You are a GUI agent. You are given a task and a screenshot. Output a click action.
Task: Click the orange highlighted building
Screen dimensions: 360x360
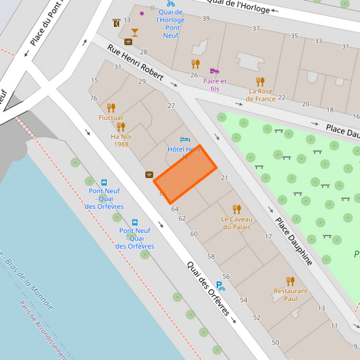(x=185, y=174)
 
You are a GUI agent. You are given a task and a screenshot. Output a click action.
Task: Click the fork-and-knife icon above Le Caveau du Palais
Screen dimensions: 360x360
(x=236, y=209)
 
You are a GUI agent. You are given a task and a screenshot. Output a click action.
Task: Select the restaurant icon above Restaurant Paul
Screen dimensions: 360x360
(x=290, y=281)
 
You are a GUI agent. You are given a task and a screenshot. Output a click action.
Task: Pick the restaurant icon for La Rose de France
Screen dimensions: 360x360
(x=261, y=81)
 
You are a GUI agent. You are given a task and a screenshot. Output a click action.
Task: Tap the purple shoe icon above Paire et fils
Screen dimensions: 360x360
(x=214, y=70)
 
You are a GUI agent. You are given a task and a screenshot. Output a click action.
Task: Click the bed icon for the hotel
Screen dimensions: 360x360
(x=185, y=140)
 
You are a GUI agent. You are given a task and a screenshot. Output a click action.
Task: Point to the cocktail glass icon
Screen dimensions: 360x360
(x=134, y=32)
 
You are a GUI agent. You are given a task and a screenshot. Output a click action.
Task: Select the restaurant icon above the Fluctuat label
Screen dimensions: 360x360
(x=111, y=107)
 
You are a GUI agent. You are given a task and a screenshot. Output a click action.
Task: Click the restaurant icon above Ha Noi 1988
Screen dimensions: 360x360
(x=121, y=126)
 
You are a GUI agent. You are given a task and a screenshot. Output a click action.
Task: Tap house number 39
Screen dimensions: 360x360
(x=205, y=18)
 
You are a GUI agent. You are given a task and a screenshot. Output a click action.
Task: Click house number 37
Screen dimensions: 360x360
(x=256, y=28)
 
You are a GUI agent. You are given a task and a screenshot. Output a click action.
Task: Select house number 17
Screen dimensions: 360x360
(x=268, y=236)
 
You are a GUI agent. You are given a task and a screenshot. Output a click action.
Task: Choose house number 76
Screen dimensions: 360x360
(x=93, y=99)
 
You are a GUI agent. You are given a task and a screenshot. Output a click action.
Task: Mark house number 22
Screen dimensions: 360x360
(x=282, y=97)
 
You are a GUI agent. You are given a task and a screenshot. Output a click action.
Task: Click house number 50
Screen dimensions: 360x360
(x=275, y=342)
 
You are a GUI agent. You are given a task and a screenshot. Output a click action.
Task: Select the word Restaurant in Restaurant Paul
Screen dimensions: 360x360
(x=290, y=291)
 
